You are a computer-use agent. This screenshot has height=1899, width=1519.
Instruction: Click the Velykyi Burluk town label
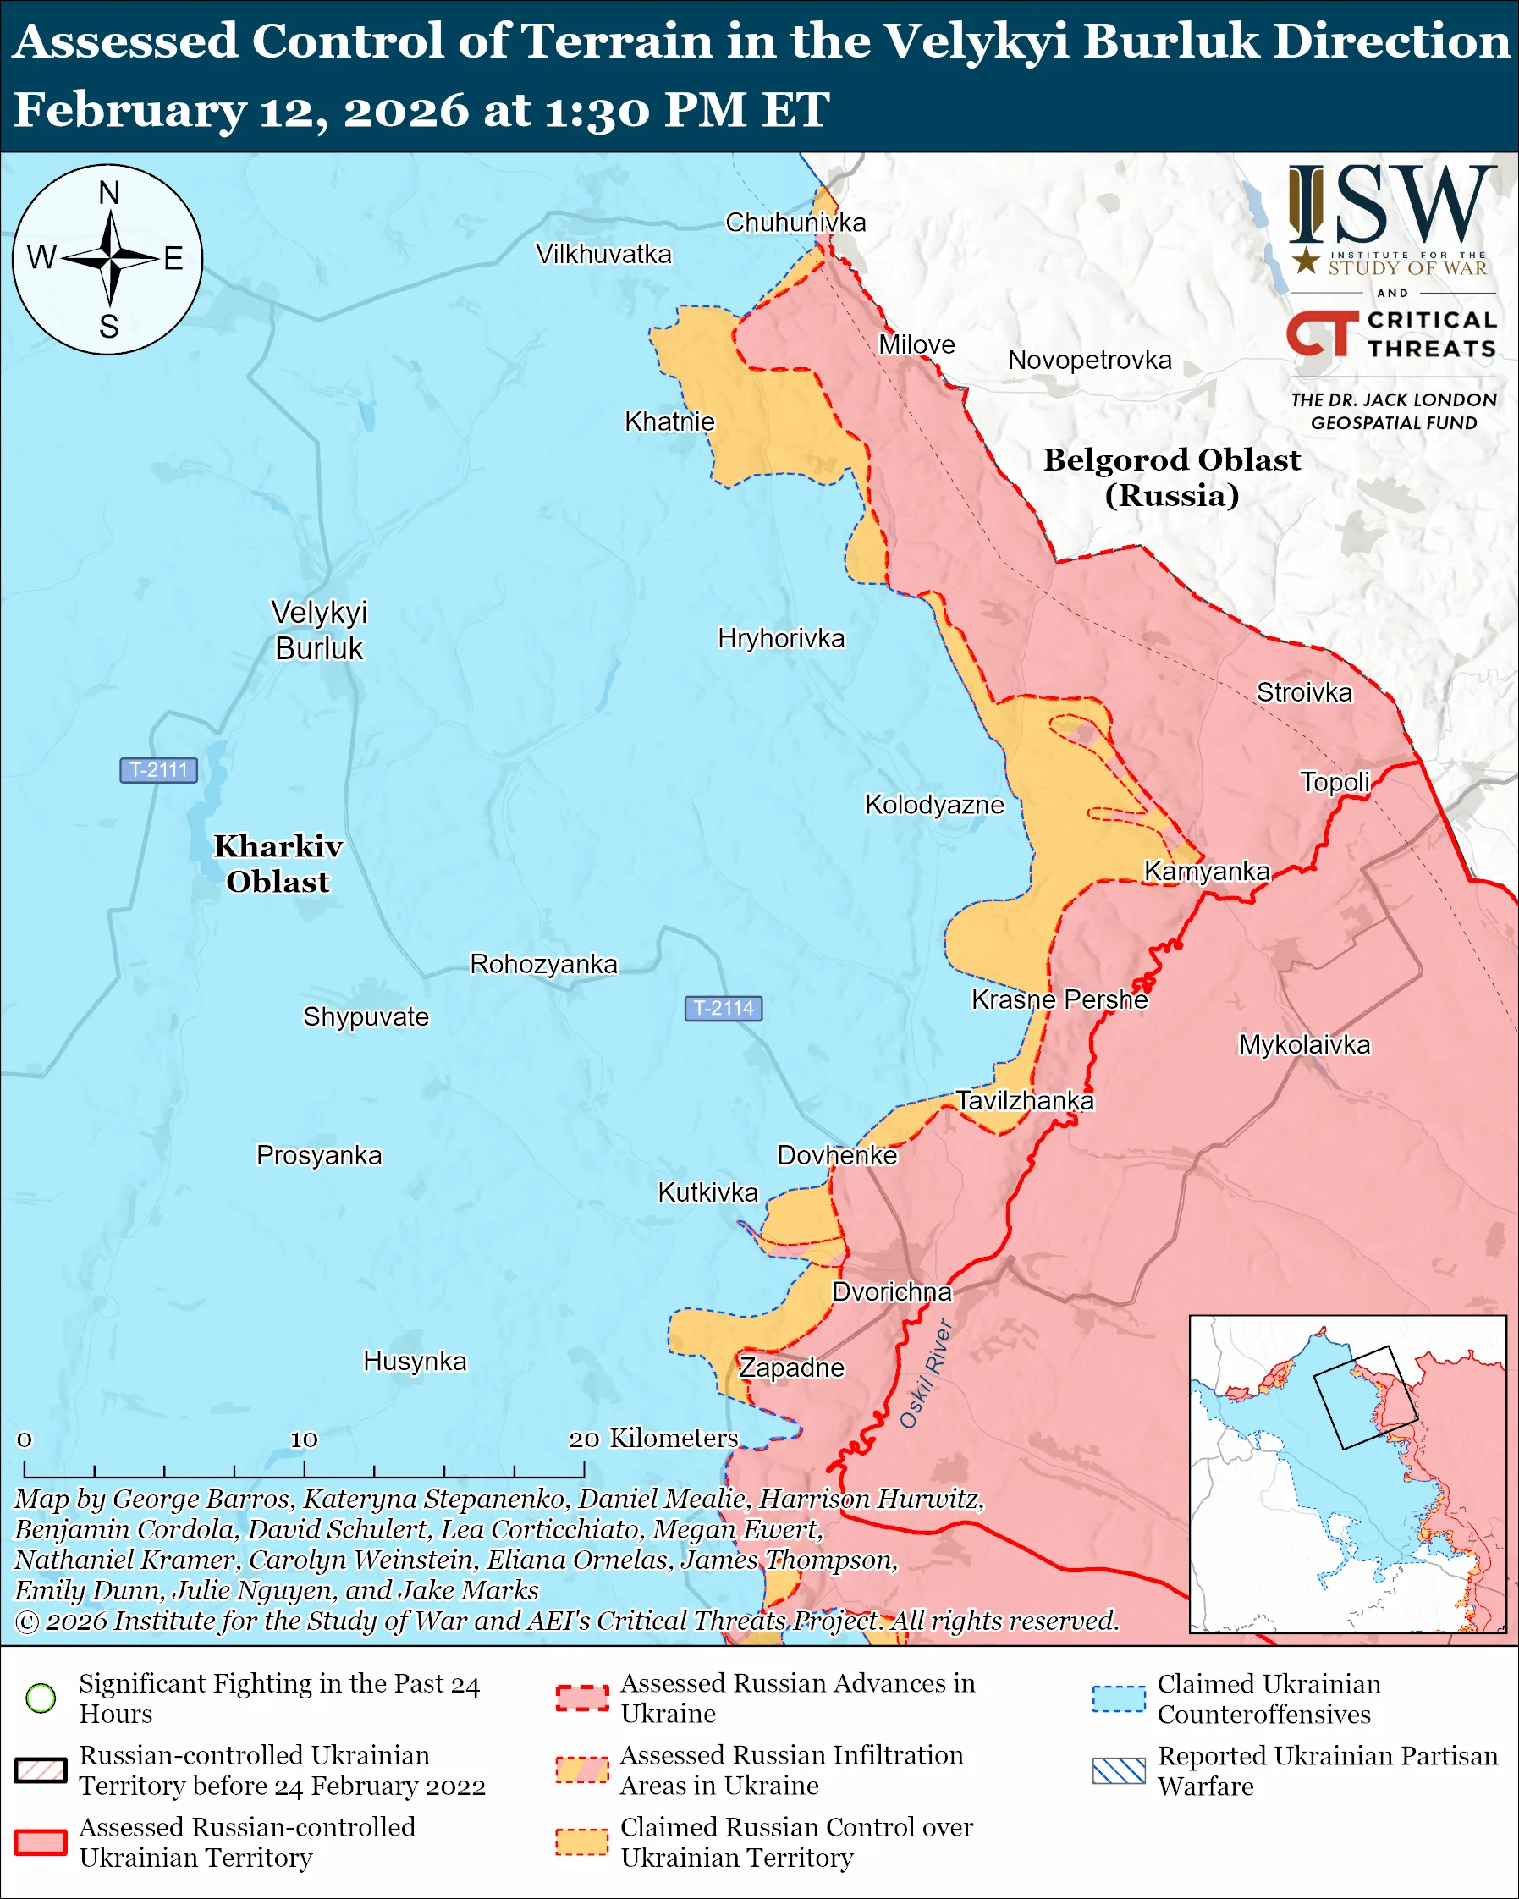pos(319,630)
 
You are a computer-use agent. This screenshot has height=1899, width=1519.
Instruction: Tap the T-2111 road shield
pos(158,770)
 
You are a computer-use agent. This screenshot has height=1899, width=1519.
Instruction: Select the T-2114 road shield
pos(723,1008)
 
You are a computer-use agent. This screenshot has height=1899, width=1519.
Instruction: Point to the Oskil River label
pos(926,1373)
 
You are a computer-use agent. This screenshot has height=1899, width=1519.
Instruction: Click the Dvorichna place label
pos(892,1291)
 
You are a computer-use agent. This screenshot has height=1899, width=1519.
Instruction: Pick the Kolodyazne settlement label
pos(934,804)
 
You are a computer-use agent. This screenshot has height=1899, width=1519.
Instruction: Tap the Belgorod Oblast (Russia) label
pos(1171,476)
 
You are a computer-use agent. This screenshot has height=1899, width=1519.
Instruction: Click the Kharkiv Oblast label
pos(278,863)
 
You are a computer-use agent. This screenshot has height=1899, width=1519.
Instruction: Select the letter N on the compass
pos(109,193)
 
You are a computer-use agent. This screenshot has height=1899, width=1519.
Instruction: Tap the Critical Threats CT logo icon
pos(1322,333)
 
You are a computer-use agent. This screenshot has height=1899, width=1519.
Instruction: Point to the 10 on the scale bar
pos(304,1439)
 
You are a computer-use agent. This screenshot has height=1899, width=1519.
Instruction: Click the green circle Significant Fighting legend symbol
pos(41,1698)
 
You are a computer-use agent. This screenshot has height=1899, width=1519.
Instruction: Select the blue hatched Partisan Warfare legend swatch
pos(1119,1770)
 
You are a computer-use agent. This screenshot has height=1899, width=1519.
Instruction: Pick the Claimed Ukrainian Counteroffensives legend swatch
pos(1119,1698)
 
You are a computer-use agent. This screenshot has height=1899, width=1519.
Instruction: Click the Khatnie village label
pos(669,422)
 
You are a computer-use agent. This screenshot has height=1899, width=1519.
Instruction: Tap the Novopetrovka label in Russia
pos(1089,361)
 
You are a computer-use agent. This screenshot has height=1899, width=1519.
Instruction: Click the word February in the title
pos(129,111)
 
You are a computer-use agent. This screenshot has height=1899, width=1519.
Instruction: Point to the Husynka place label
pos(415,1361)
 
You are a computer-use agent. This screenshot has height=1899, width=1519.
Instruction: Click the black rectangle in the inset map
pos(1365,1397)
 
